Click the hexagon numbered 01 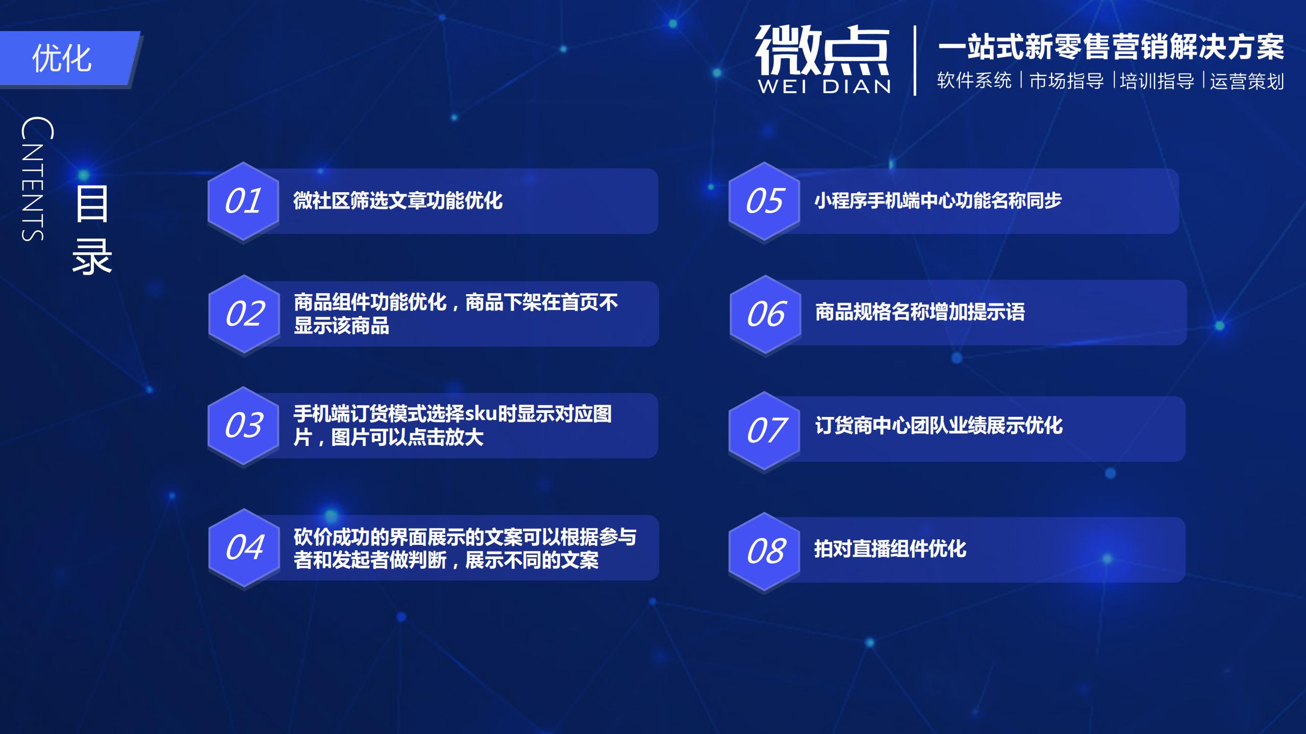243,201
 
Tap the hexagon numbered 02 244,313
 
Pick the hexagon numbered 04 244,547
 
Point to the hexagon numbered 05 764,201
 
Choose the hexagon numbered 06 765,313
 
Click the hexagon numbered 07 764,431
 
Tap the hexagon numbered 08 764,552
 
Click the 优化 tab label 62,58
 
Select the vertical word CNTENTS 36,178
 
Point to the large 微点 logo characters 822,50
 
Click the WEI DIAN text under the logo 824,87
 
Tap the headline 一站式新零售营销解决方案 1111,47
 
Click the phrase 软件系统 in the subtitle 974,81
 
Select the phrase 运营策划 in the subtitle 1247,81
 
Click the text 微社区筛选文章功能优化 398,201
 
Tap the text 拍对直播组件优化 890,549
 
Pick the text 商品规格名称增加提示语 920,312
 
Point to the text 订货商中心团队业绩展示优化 939,426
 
